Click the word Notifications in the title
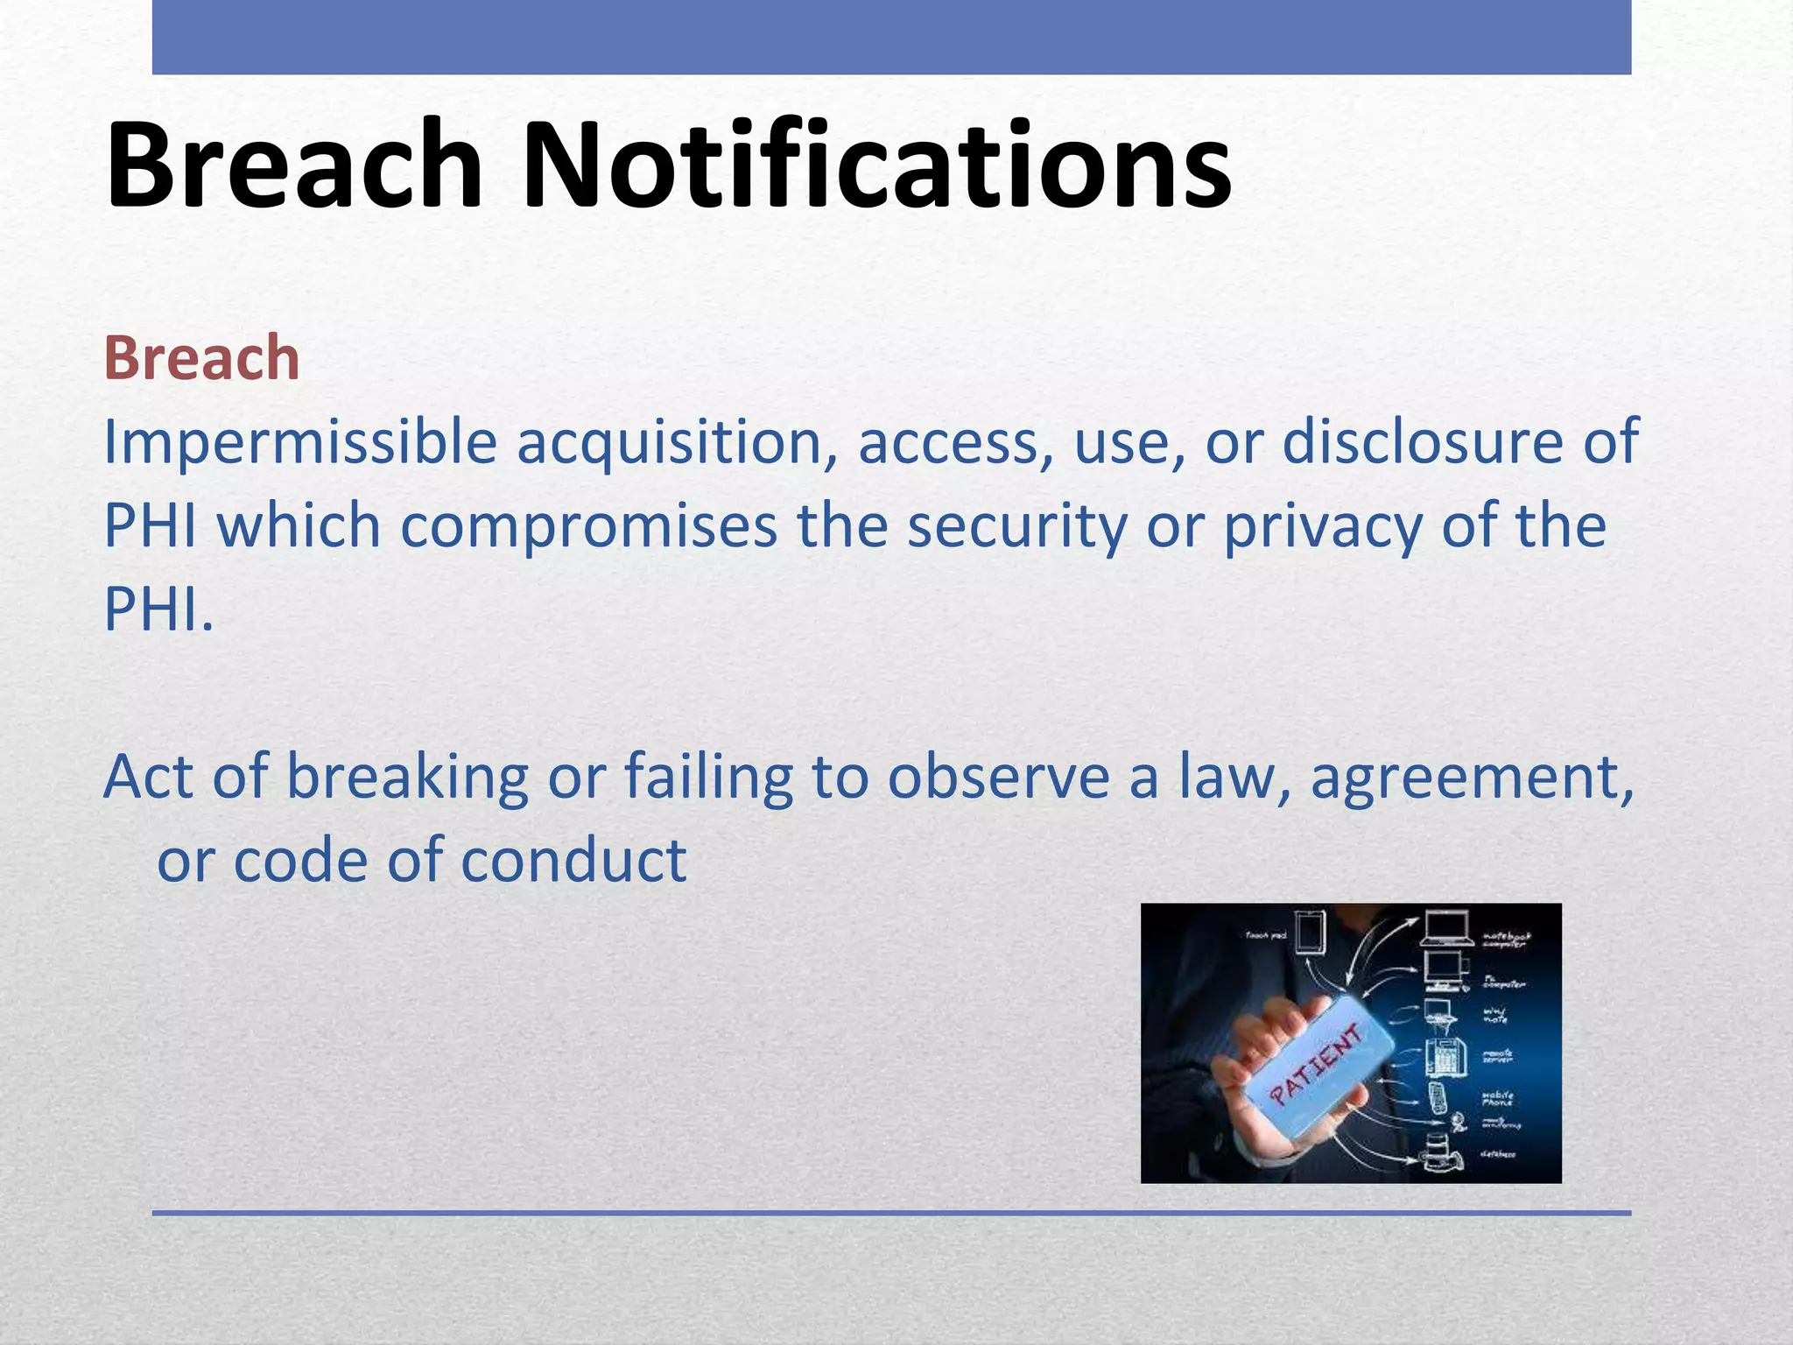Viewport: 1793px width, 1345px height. click(875, 166)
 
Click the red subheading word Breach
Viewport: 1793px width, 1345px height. click(201, 359)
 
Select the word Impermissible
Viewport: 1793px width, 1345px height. click(300, 442)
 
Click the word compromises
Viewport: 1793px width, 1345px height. click(588, 526)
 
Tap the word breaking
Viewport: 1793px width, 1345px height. click(407, 778)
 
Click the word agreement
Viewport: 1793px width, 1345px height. click(1471, 778)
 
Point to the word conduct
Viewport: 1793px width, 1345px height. click(573, 861)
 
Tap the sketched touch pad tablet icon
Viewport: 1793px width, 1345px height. click(1311, 933)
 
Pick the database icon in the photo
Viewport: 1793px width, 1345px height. click(1438, 1152)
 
